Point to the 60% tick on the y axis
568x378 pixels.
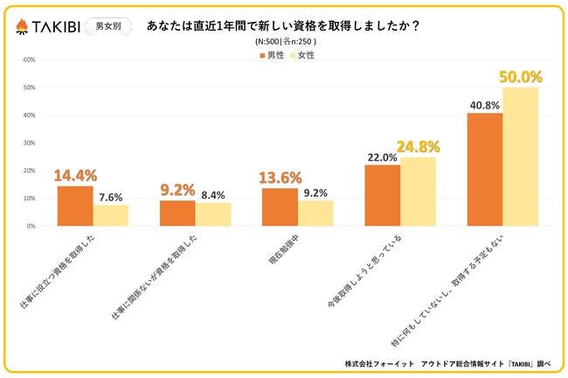point(29,60)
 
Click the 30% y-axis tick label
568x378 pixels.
point(29,143)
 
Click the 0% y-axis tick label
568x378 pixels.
point(31,226)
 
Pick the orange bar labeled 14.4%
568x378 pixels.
point(75,206)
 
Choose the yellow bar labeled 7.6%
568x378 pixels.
point(111,215)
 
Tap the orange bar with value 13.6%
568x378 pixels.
point(280,207)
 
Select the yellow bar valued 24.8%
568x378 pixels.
point(418,192)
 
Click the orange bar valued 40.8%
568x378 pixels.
point(485,169)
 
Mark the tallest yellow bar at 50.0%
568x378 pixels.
point(521,157)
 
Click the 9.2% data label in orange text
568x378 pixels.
point(177,187)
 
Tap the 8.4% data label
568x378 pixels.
point(214,195)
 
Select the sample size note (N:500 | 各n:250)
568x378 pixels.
point(286,41)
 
